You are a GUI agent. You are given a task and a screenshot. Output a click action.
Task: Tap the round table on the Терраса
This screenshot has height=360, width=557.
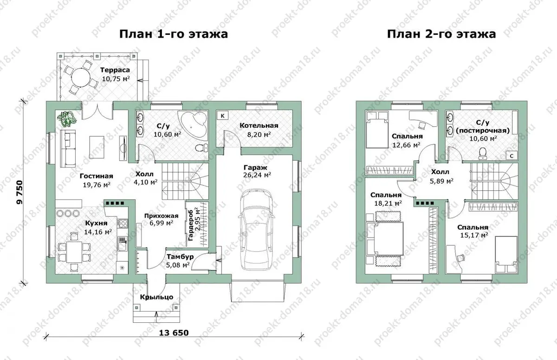(80, 77)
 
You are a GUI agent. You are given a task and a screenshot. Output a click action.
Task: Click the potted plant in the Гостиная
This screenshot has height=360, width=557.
(66, 118)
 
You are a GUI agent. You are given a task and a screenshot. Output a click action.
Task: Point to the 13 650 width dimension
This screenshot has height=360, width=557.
(174, 333)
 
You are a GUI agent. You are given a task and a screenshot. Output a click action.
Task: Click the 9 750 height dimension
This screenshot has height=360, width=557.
(19, 192)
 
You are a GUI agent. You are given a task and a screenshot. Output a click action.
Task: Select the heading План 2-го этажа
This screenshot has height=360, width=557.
(441, 34)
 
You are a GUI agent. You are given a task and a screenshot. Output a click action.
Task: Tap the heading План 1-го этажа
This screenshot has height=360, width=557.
(174, 34)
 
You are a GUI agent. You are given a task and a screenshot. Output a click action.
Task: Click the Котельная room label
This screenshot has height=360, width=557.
(259, 125)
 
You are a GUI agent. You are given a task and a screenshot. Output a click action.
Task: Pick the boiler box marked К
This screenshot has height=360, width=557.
(222, 116)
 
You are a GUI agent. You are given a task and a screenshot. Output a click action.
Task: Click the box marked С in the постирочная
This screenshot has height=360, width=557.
(512, 156)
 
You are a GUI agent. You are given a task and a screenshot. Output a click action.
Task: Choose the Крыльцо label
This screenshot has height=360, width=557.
(157, 297)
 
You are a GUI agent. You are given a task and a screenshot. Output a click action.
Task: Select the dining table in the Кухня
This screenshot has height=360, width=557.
(74, 251)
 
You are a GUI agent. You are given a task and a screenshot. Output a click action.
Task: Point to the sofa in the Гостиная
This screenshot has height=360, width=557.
(68, 149)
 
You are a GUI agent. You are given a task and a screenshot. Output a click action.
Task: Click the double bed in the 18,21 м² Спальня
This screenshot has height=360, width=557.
(385, 238)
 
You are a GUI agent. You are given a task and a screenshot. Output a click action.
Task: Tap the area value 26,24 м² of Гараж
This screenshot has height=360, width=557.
(257, 175)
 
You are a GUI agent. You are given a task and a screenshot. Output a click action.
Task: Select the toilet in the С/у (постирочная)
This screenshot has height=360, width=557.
(483, 153)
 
